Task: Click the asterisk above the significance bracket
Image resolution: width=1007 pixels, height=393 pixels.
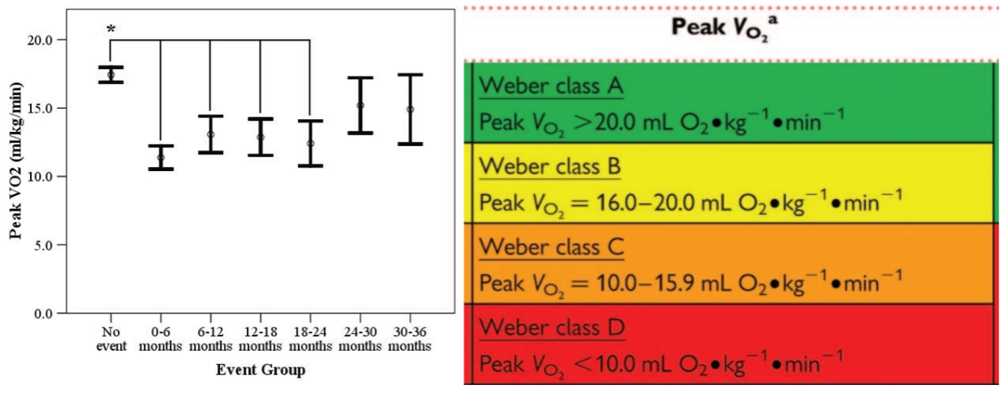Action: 111,30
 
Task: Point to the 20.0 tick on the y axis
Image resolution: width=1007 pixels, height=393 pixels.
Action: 62,40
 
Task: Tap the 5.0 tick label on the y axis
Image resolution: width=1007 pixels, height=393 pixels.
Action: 43,246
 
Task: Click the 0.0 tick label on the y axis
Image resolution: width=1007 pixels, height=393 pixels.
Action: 43,314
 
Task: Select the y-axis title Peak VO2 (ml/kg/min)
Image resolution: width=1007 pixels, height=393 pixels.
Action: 15,160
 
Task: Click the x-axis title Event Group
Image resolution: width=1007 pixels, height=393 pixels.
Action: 260,370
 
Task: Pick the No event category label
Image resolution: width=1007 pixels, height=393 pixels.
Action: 111,339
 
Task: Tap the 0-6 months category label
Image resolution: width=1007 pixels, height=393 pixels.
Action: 161,339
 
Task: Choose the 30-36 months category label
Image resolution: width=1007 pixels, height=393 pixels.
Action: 410,339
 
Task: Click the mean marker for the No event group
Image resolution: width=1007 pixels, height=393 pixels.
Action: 111,75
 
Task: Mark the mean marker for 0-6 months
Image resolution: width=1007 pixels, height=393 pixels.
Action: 161,158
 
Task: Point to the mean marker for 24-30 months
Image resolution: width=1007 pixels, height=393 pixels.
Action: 360,105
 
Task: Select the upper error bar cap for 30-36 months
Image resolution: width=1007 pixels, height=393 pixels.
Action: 410,75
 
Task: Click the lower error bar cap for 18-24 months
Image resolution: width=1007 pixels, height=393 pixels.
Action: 310,166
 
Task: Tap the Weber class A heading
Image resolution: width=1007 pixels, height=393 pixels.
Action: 551,86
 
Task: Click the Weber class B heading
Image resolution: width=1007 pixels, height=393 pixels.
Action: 550,167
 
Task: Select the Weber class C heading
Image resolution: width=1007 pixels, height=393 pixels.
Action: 552,247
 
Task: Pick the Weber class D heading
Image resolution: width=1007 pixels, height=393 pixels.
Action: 552,327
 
